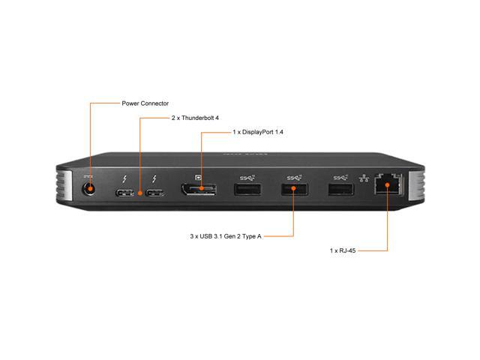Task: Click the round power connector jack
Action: [89, 189]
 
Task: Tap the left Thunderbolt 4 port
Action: [125, 193]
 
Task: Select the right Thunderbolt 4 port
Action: [155, 193]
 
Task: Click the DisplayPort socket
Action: [199, 190]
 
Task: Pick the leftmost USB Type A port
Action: [247, 189]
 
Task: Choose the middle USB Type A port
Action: [295, 189]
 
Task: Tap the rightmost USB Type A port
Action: [341, 189]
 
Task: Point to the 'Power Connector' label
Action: [145, 103]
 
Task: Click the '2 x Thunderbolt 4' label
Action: [195, 118]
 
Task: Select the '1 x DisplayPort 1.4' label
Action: [258, 132]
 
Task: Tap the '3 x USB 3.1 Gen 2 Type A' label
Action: [226, 236]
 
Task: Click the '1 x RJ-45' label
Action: [343, 250]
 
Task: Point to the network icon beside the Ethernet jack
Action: [364, 178]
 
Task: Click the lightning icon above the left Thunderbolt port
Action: [124, 178]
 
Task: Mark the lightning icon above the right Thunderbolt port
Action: [154, 178]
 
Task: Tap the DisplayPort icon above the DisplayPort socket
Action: [199, 177]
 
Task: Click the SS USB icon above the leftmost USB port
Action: [247, 178]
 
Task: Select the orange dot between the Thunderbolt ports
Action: [140, 193]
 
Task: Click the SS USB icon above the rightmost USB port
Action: [340, 178]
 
